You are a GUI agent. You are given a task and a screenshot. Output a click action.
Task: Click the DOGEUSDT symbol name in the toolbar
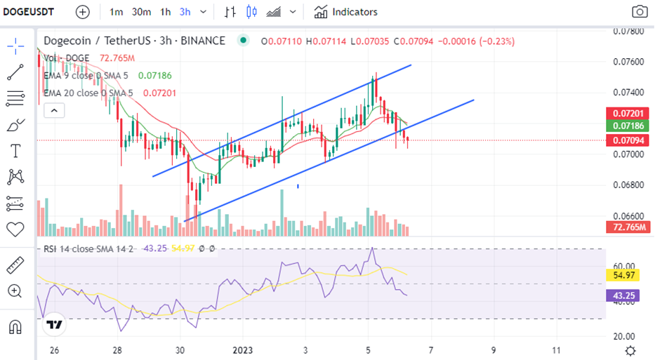click(32, 12)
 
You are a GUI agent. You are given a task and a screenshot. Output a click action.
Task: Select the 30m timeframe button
click(141, 12)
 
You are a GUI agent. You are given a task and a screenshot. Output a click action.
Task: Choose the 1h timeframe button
click(166, 12)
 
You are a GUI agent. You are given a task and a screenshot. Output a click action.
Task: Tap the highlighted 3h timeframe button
click(185, 12)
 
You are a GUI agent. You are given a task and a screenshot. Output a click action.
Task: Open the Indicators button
click(346, 12)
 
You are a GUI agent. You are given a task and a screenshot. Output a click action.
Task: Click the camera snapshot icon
click(639, 12)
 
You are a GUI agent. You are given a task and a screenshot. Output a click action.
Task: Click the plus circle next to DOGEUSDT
click(83, 12)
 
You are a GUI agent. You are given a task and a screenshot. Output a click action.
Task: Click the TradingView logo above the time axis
click(53, 325)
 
